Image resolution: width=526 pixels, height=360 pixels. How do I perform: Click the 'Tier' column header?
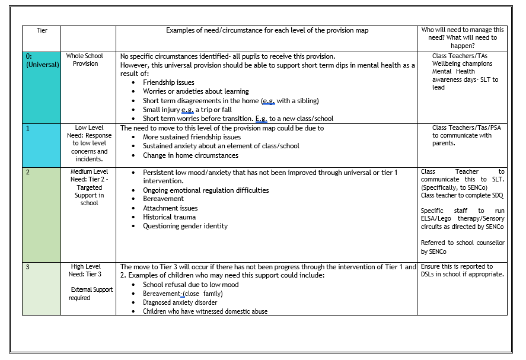point(42,30)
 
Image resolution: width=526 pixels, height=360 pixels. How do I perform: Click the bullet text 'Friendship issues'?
point(168,82)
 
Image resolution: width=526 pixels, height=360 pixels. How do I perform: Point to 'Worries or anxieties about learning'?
point(196,91)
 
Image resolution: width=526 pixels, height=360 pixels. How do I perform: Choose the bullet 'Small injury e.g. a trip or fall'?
point(187,110)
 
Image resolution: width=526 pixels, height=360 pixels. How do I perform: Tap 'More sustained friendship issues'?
point(192,137)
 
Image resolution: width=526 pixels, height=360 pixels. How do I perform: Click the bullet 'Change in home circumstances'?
point(190,155)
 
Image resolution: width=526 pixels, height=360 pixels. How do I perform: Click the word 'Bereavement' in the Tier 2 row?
point(163,199)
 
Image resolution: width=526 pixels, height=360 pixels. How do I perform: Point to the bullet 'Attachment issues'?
point(170,208)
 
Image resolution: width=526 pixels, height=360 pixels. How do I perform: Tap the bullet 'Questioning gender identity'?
point(185,226)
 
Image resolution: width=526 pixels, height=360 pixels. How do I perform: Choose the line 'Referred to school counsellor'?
point(463,243)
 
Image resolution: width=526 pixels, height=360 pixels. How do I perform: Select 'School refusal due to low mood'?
point(190,285)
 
